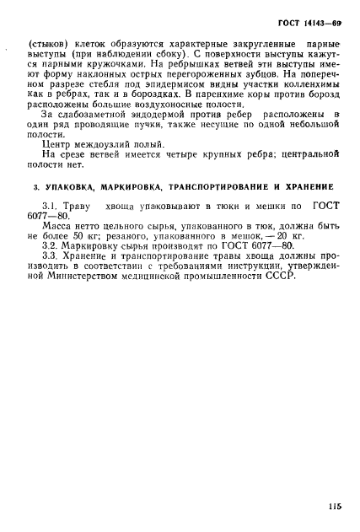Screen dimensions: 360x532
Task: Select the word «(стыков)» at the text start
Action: tap(47, 42)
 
